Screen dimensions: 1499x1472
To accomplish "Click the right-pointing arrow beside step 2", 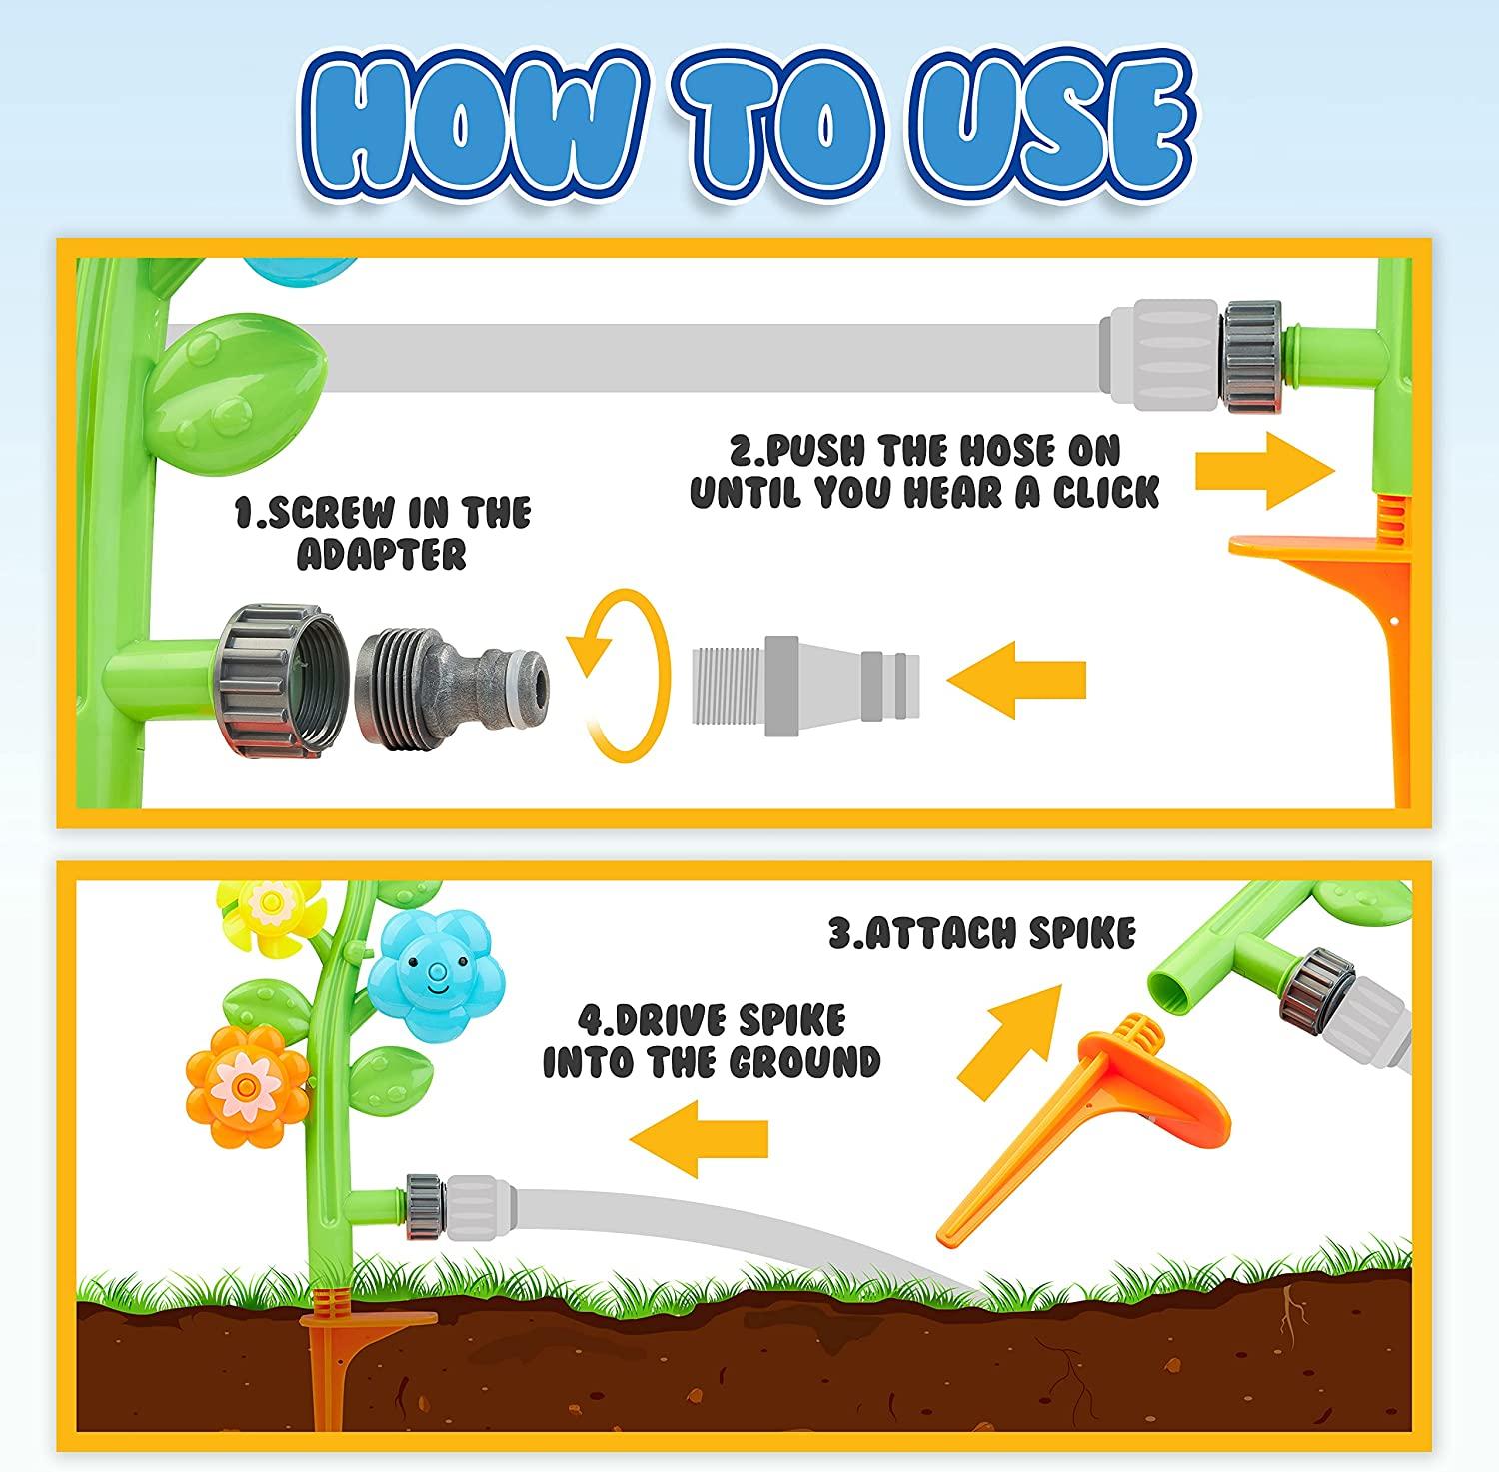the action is [1266, 469].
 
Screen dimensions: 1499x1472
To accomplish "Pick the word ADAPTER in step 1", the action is [382, 554].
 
